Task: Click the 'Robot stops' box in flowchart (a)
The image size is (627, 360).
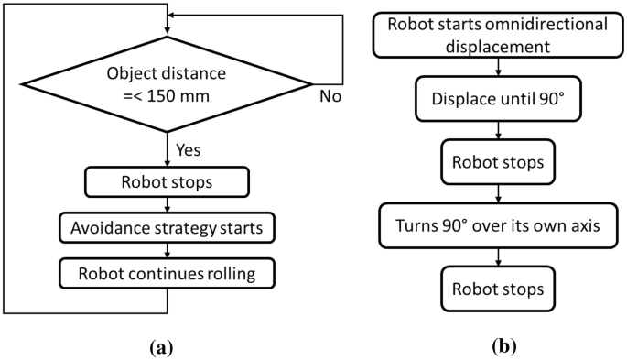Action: point(166,182)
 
